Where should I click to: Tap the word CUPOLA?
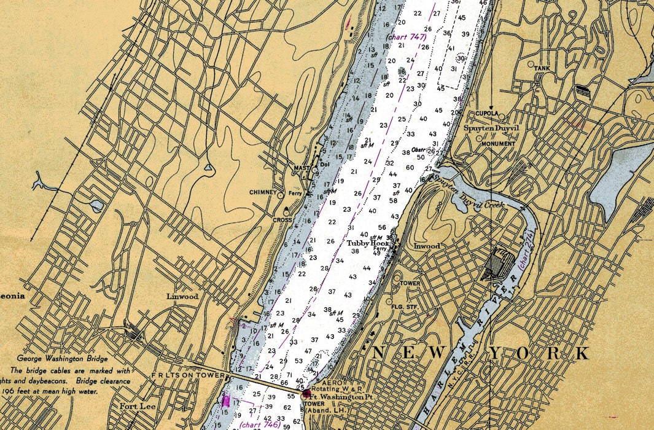(x=487, y=114)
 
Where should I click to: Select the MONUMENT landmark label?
(x=498, y=144)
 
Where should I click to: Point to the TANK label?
(x=542, y=68)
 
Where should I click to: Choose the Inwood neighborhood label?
(x=427, y=246)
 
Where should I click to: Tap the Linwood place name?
(x=182, y=296)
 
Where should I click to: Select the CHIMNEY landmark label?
(x=263, y=192)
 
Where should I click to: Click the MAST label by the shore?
(x=302, y=168)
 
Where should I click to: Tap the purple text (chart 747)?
(x=406, y=37)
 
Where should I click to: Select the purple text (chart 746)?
(x=260, y=424)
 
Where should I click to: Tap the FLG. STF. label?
(x=403, y=306)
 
